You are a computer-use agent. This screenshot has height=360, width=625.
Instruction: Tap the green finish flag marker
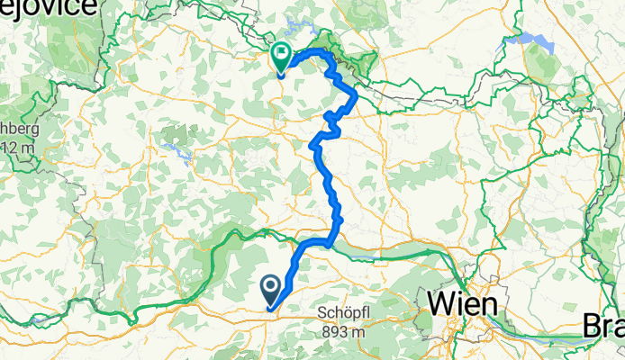point(281,58)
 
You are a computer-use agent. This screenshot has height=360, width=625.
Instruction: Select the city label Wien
point(461,304)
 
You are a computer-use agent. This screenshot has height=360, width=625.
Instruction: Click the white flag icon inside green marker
point(281,55)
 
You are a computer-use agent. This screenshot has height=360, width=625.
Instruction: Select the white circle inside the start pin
point(271,285)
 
